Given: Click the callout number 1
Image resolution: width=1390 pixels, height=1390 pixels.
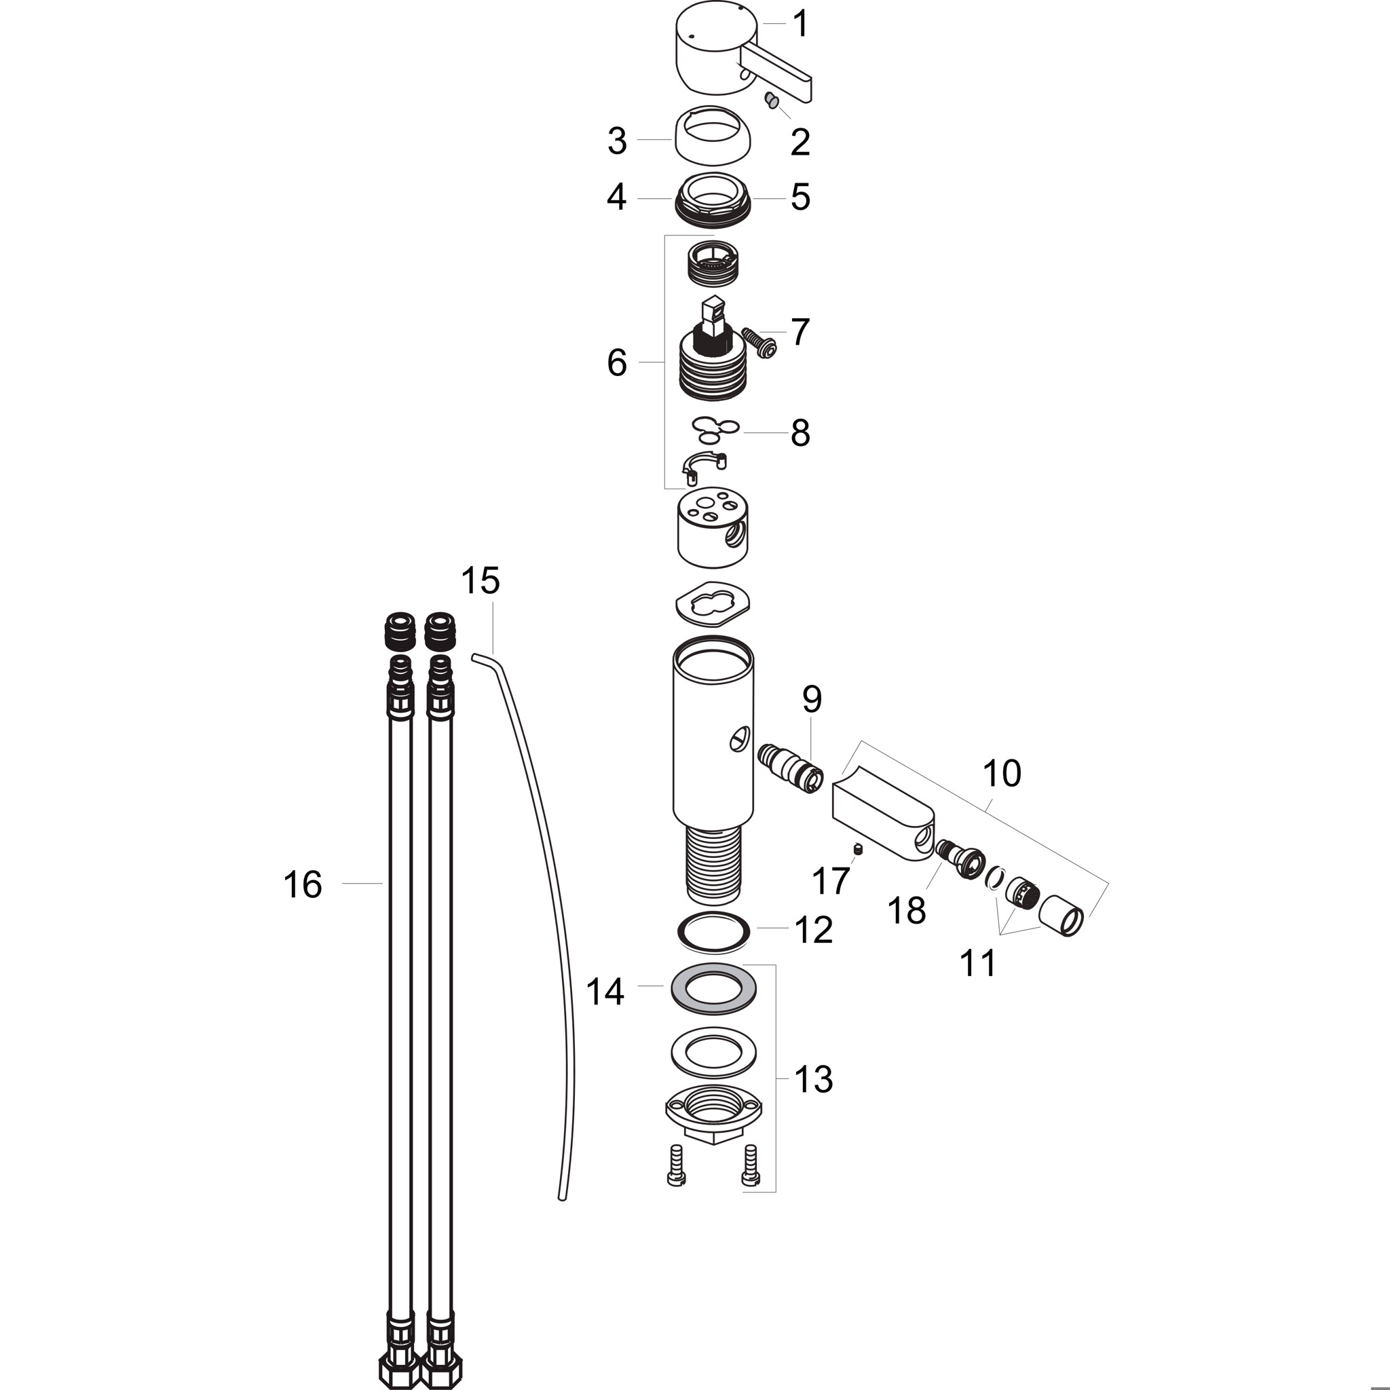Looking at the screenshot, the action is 800,24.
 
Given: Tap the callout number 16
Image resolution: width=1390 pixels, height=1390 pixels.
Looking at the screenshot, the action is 303,884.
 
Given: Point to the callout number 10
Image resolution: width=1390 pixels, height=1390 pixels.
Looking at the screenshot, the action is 1002,774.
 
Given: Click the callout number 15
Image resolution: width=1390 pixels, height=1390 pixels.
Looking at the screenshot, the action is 481,580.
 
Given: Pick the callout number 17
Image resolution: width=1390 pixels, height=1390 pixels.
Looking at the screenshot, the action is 831,880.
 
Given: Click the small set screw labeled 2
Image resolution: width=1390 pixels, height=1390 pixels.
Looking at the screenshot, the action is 771,100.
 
